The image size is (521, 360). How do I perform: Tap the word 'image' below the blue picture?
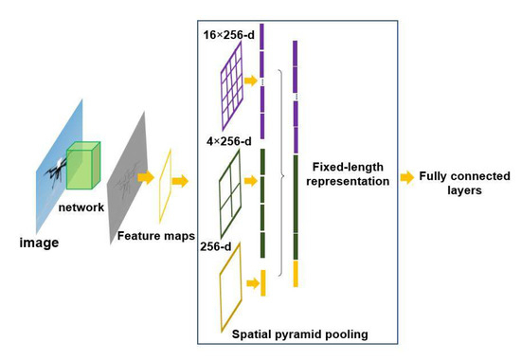pos(40,243)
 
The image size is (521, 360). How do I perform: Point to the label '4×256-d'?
pos(228,142)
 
